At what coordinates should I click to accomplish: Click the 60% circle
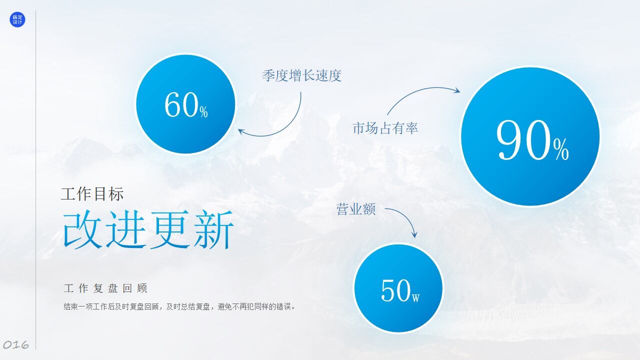(x=185, y=104)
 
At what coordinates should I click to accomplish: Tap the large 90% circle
(x=529, y=136)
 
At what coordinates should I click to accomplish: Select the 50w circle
(x=398, y=288)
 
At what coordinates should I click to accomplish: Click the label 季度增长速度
(x=301, y=76)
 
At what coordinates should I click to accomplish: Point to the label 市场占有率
(x=385, y=128)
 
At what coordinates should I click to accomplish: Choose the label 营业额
(x=356, y=209)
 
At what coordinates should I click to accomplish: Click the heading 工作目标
(x=92, y=194)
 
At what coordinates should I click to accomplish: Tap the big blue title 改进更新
(x=148, y=230)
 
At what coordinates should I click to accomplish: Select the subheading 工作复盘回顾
(x=105, y=288)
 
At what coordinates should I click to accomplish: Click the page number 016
(x=16, y=344)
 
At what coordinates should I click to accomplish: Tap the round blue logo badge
(x=17, y=20)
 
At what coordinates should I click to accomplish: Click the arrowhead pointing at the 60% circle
(x=241, y=131)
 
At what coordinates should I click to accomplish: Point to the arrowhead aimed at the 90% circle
(x=456, y=90)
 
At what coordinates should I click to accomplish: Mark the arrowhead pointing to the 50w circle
(x=414, y=234)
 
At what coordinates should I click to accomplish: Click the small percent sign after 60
(x=203, y=112)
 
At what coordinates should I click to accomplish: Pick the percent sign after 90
(x=561, y=148)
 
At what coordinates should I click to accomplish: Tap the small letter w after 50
(x=415, y=297)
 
